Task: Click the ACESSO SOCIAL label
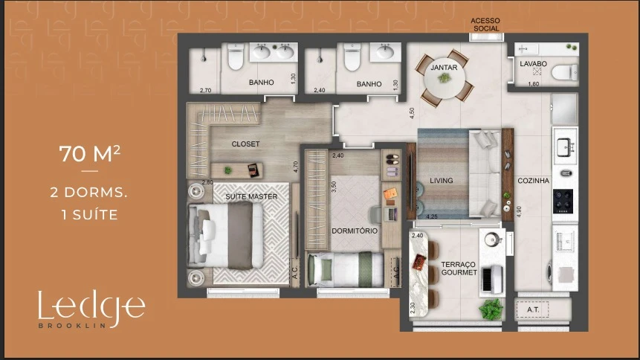point(485,25)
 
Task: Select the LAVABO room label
point(533,64)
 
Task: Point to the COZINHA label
point(534,181)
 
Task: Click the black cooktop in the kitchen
point(563,201)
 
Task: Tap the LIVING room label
point(442,180)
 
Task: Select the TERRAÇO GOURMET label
point(459,269)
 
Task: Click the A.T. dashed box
point(532,309)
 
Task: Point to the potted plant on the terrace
point(491,309)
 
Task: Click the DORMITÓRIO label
point(355,231)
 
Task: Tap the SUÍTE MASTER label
point(251,196)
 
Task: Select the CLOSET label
point(245,144)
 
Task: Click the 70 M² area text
point(90,154)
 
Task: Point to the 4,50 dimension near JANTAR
point(412,113)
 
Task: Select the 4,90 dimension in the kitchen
point(519,211)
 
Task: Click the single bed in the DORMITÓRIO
point(346,269)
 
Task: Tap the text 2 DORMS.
point(88,193)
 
